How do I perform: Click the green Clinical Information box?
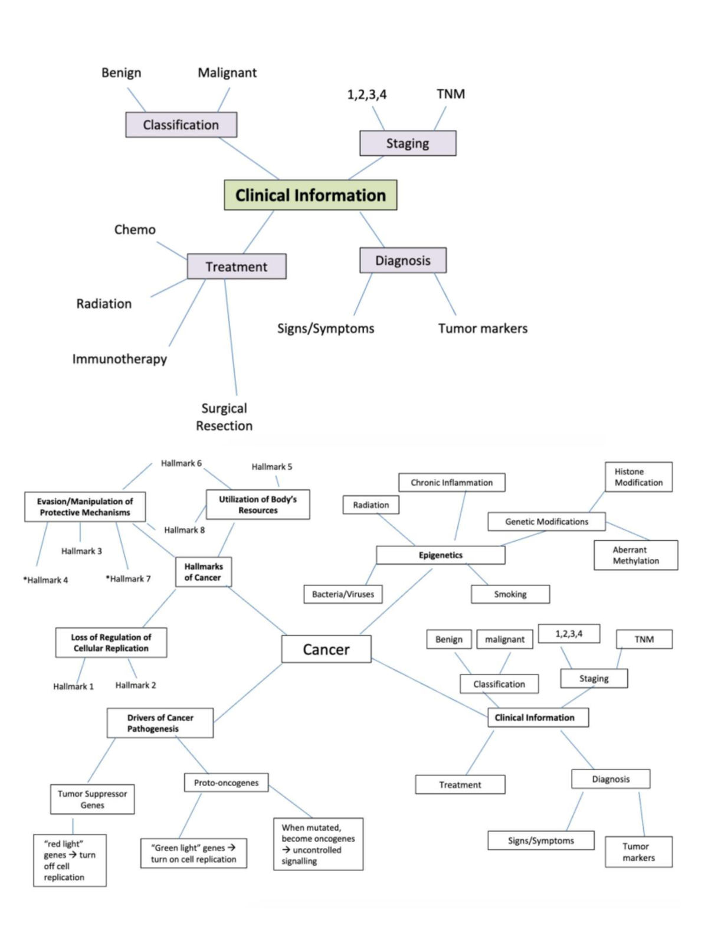(x=310, y=195)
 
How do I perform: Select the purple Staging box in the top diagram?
(x=408, y=143)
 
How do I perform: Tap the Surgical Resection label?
(x=224, y=417)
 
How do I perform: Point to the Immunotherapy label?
(x=120, y=359)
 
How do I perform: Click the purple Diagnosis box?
(x=403, y=260)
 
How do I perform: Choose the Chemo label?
(x=135, y=230)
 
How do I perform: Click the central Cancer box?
(x=326, y=649)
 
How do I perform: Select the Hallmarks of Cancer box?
(x=204, y=572)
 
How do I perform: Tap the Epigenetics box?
(x=441, y=555)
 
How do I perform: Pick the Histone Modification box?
(x=638, y=477)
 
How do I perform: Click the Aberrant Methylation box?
(x=635, y=555)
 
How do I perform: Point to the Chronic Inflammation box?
(x=451, y=482)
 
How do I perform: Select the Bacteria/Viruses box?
(x=343, y=594)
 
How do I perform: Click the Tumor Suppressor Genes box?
(x=92, y=799)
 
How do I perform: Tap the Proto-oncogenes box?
(x=226, y=782)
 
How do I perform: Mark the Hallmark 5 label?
(x=272, y=467)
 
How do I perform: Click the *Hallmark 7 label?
(x=128, y=579)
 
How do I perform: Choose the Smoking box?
(x=510, y=594)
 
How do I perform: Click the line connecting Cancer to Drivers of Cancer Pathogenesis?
(x=248, y=693)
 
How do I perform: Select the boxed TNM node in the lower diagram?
(x=644, y=639)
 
